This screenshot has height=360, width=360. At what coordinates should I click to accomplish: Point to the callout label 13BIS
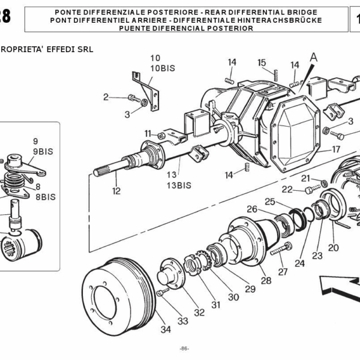pos(179,185)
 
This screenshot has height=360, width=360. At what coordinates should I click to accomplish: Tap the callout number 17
pos(336,149)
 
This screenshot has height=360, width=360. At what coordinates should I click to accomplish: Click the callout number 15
pos(262,62)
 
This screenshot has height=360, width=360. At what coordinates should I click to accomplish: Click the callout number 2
pos(106,97)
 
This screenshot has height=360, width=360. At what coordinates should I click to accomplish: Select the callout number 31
pos(215,305)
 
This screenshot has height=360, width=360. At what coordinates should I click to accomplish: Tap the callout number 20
pos(333,247)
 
